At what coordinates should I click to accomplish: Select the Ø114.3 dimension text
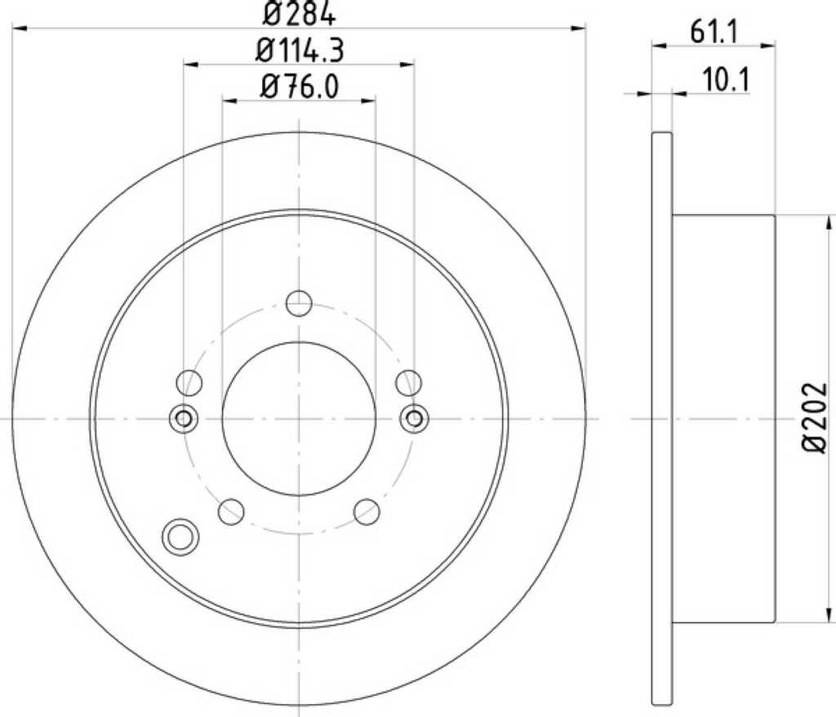pyautogui.click(x=300, y=51)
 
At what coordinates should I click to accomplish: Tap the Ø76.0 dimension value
pyautogui.click(x=300, y=87)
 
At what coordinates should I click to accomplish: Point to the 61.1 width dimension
pyautogui.click(x=714, y=33)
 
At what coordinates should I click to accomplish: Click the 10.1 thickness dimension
pyautogui.click(x=726, y=81)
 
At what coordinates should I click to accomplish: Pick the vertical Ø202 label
pyautogui.click(x=816, y=418)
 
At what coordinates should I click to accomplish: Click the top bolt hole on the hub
pyautogui.click(x=299, y=303)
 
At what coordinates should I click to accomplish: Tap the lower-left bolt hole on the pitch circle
pyautogui.click(x=231, y=511)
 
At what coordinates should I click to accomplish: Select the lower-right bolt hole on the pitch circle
pyautogui.click(x=367, y=511)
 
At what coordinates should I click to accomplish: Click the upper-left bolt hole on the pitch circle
pyautogui.click(x=189, y=382)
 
